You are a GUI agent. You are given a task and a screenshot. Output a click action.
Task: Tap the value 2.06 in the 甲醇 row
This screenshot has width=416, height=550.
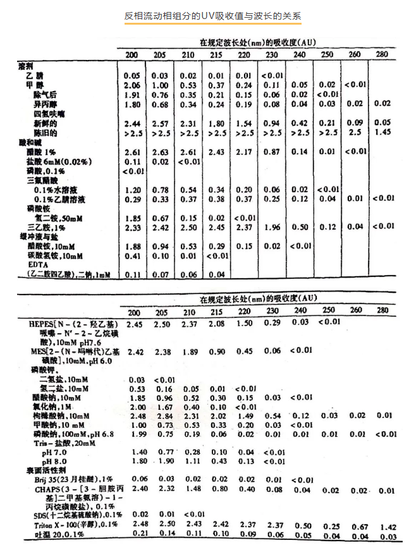click(132, 85)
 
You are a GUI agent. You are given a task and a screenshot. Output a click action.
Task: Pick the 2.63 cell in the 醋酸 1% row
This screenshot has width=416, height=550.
click(160, 152)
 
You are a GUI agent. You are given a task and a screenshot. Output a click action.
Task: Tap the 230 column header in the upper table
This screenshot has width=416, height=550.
click(271, 54)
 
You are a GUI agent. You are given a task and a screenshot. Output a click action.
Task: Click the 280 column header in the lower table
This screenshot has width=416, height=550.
click(382, 310)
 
